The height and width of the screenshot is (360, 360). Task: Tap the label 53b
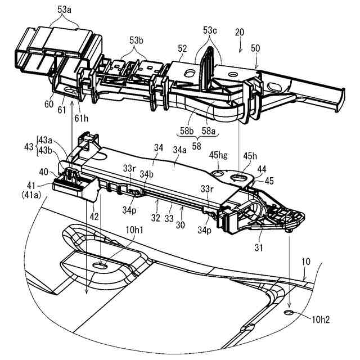[137, 41]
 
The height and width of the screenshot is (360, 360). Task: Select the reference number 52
[182, 49]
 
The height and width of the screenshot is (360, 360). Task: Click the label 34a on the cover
[181, 165]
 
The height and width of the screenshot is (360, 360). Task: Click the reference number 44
[262, 169]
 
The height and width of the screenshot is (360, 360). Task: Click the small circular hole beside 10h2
[289, 311]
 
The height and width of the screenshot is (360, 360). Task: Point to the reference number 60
[49, 103]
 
